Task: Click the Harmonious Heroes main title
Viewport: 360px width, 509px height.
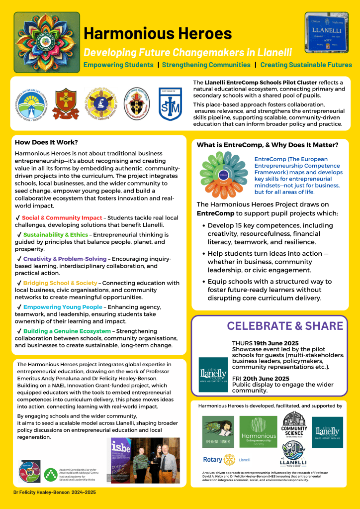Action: [158, 33]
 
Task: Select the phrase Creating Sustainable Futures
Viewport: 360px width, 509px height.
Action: [306, 65]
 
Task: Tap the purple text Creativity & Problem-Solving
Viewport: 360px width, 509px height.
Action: [65, 259]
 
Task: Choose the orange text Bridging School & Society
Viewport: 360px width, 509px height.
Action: [60, 283]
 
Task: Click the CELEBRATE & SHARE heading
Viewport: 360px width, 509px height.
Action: [285, 326]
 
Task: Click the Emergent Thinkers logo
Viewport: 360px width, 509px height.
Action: [218, 432]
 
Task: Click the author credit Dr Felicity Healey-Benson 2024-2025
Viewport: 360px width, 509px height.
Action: [55, 492]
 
